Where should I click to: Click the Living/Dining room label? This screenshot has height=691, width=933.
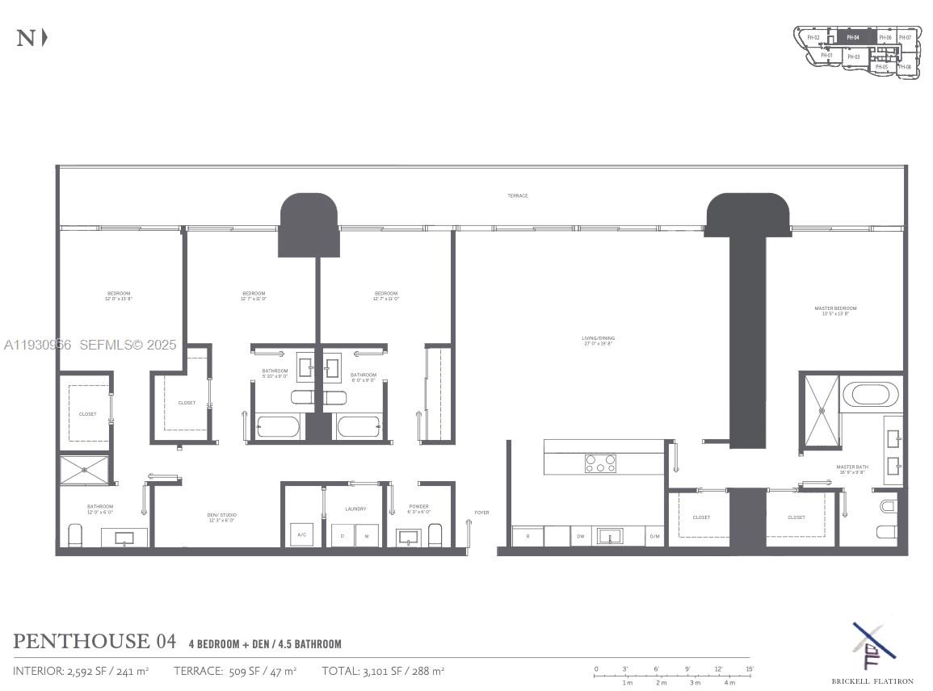tap(599, 341)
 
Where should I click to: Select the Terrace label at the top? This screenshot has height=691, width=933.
tap(518, 196)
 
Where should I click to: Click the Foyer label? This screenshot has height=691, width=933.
tap(481, 513)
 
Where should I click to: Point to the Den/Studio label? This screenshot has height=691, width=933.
tap(221, 517)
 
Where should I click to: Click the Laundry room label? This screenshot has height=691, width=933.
tap(355, 509)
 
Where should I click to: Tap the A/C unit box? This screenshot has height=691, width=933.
tap(302, 535)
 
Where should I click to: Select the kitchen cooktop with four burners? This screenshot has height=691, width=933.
tap(600, 463)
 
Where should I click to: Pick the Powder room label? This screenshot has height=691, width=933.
tap(419, 509)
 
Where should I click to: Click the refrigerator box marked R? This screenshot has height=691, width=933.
tap(527, 536)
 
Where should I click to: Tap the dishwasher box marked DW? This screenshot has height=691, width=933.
tap(580, 536)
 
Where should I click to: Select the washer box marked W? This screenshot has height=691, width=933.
tap(367, 536)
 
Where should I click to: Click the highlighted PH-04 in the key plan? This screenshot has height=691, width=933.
tap(853, 37)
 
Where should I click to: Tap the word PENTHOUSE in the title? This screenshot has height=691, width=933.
tap(81, 642)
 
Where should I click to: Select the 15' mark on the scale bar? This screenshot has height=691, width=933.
tap(750, 669)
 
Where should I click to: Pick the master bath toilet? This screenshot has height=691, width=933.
tap(887, 507)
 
